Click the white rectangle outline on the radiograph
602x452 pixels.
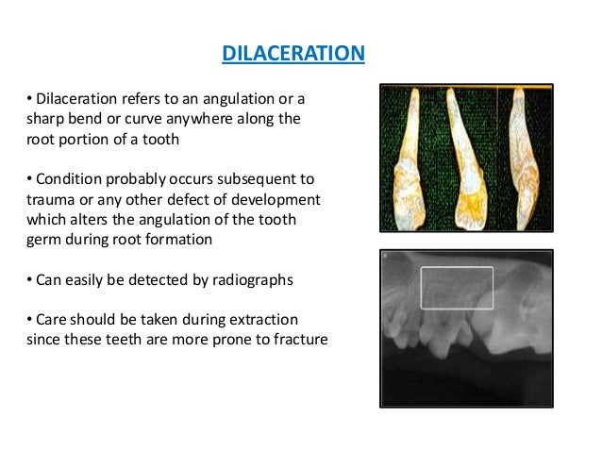(457, 268)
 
